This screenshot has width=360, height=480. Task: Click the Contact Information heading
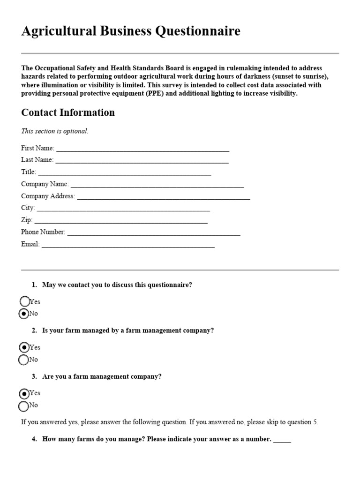(68, 112)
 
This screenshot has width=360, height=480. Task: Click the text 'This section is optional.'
(54, 131)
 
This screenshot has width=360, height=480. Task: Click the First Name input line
(142, 149)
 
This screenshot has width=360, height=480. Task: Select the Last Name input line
(142, 161)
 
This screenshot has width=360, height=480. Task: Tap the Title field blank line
(124, 173)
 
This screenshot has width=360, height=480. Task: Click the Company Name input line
(157, 185)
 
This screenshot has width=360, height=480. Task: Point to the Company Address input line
(164, 197)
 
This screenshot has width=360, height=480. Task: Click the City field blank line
(123, 209)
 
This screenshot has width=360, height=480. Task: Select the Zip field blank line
(121, 221)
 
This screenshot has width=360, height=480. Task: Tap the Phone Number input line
(154, 233)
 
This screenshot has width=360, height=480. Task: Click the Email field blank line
(128, 245)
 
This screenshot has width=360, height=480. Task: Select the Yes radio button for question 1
(24, 301)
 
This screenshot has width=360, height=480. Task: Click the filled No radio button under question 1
(23, 314)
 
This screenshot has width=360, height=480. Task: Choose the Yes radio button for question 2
(23, 347)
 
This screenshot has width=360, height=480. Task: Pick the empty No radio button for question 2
(23, 360)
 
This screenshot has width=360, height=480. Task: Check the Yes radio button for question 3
(23, 393)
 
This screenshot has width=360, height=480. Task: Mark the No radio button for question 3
(23, 405)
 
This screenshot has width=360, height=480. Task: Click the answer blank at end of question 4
(282, 441)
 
